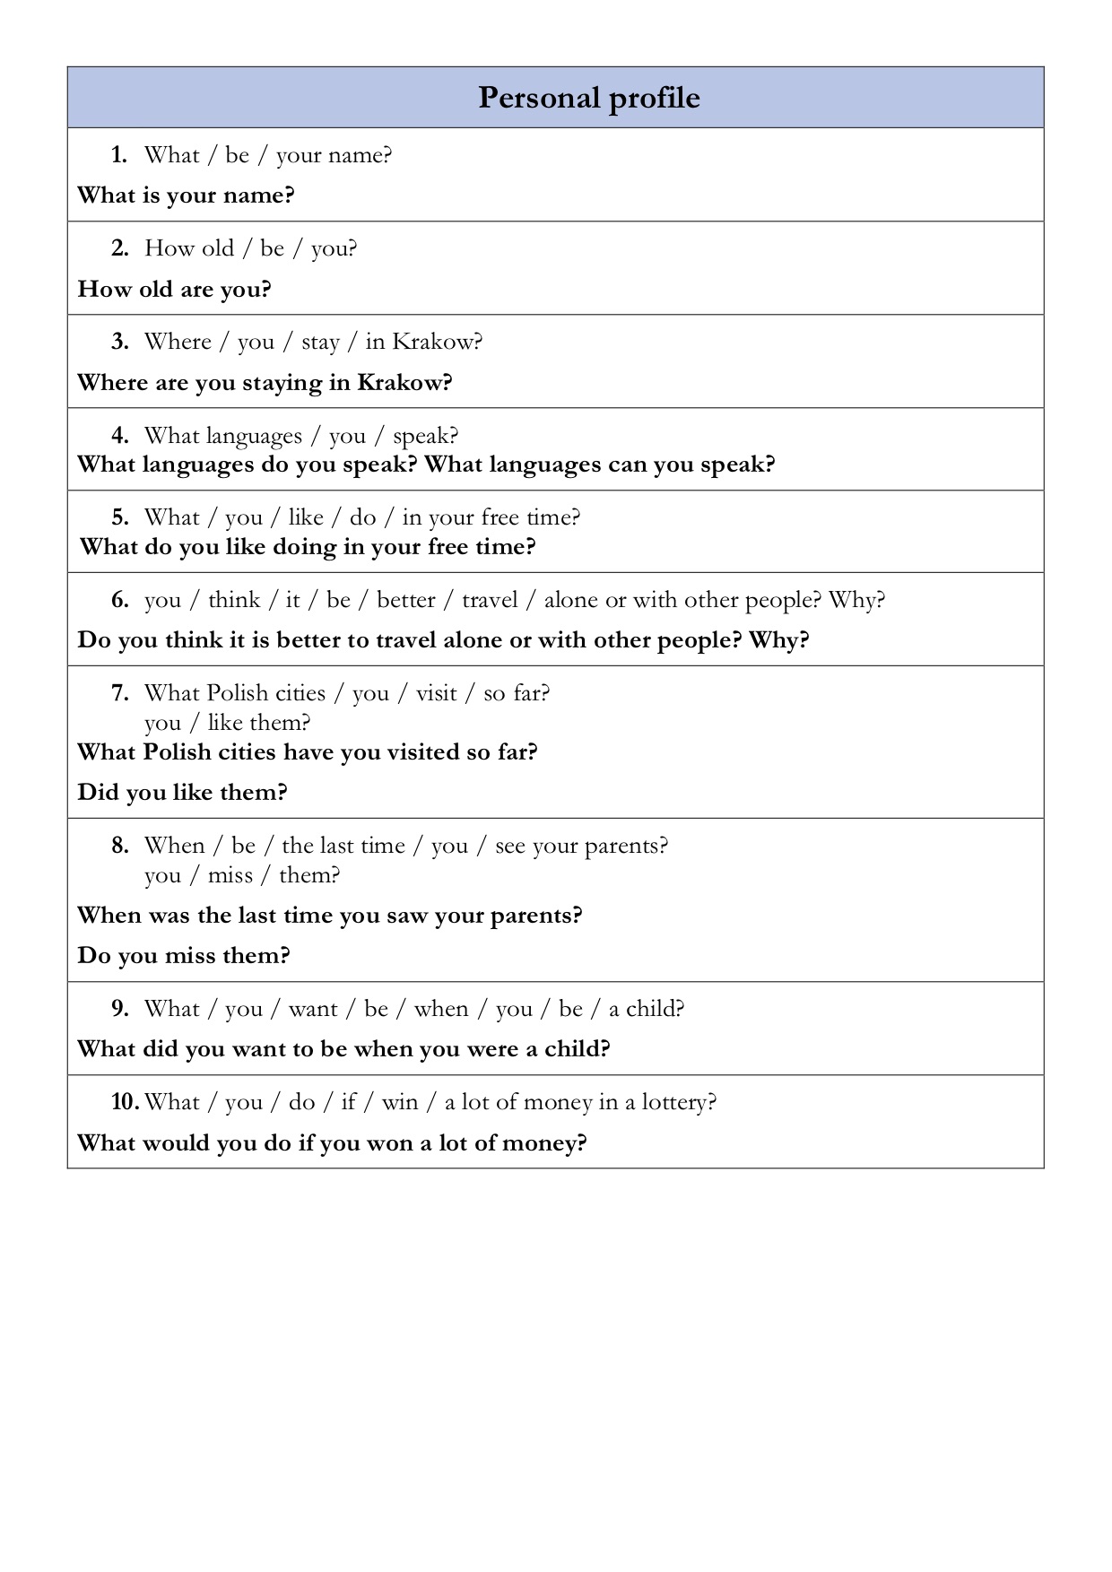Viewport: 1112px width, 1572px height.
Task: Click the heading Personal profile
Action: point(588,98)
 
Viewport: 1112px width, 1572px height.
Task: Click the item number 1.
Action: point(119,155)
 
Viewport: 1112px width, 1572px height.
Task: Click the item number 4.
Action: point(120,436)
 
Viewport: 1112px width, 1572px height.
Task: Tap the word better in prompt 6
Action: point(405,600)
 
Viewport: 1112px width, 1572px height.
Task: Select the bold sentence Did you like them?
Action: point(182,793)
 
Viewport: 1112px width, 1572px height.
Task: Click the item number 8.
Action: point(120,846)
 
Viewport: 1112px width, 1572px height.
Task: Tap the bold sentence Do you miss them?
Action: point(184,956)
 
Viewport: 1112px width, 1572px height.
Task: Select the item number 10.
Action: point(124,1102)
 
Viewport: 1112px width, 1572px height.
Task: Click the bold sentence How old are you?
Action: point(174,290)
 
